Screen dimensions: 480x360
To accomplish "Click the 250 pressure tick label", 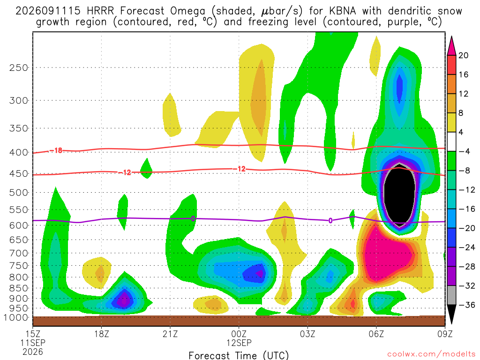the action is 19,67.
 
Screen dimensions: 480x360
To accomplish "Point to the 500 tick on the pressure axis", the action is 19,193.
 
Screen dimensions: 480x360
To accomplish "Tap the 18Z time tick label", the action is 102,333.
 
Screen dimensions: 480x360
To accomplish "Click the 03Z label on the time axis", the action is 307,333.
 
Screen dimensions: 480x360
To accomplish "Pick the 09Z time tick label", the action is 444,333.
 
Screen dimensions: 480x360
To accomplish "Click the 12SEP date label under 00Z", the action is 239,343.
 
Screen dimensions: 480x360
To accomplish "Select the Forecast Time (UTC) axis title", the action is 239,355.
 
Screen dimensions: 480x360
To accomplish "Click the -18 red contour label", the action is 56,150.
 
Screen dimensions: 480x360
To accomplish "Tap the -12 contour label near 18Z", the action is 125,173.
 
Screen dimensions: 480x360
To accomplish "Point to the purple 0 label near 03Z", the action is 330,220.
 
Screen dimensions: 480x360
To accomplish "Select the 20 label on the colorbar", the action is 464,55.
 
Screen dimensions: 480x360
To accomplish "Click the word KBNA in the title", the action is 343,11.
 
